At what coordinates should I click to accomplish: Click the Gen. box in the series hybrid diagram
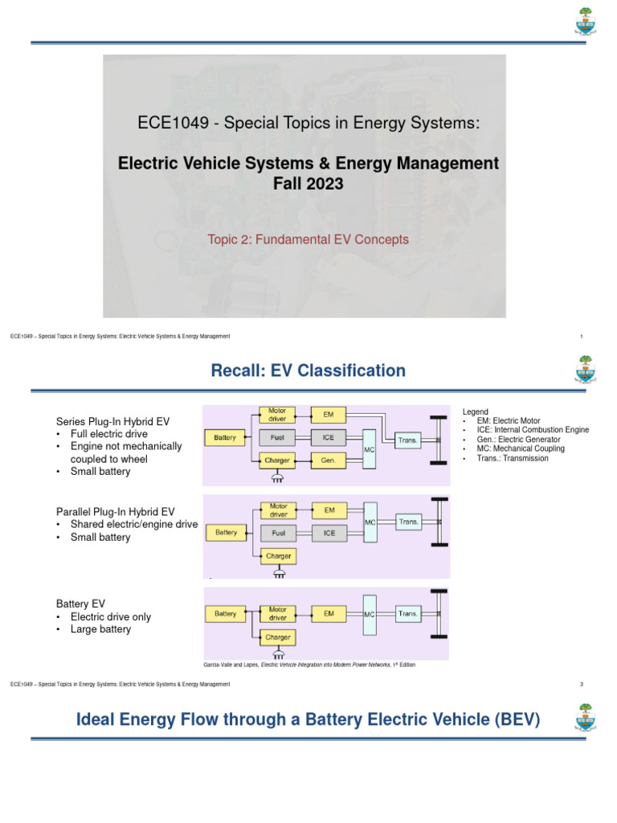(x=329, y=461)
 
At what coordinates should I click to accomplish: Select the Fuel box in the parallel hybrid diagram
(x=277, y=532)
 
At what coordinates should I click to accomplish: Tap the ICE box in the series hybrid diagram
(x=329, y=438)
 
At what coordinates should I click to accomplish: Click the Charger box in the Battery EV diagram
(x=277, y=637)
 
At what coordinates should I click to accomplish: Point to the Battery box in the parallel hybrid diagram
(x=226, y=532)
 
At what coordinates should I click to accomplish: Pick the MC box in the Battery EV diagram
(x=370, y=614)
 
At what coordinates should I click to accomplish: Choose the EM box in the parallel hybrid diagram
(x=329, y=510)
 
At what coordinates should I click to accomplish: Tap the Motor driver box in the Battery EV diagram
(x=277, y=614)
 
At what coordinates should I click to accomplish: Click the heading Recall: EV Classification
(x=308, y=371)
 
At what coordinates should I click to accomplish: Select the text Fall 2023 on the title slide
(x=308, y=183)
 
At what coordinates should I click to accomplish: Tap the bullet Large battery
(x=100, y=629)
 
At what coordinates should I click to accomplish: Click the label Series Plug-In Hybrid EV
(x=112, y=421)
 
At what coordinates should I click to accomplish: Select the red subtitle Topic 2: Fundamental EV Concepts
(x=308, y=239)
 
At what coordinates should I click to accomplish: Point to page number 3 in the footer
(x=580, y=684)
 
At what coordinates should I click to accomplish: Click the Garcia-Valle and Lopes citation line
(x=310, y=665)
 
